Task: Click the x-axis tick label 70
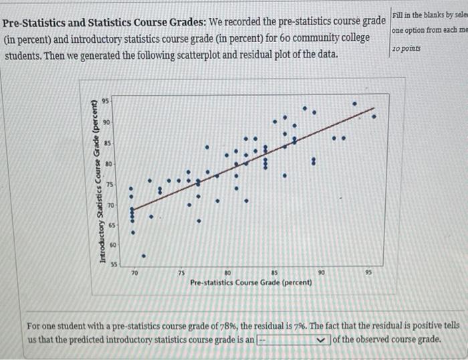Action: tap(134, 273)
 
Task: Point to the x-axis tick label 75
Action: tap(181, 273)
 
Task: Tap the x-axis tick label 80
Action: tap(228, 273)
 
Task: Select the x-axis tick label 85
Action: tap(275, 273)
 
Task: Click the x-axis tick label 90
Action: tap(322, 273)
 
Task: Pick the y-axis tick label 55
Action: tap(114, 265)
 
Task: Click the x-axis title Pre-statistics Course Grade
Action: tap(251, 282)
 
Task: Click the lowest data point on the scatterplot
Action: tap(143, 255)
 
